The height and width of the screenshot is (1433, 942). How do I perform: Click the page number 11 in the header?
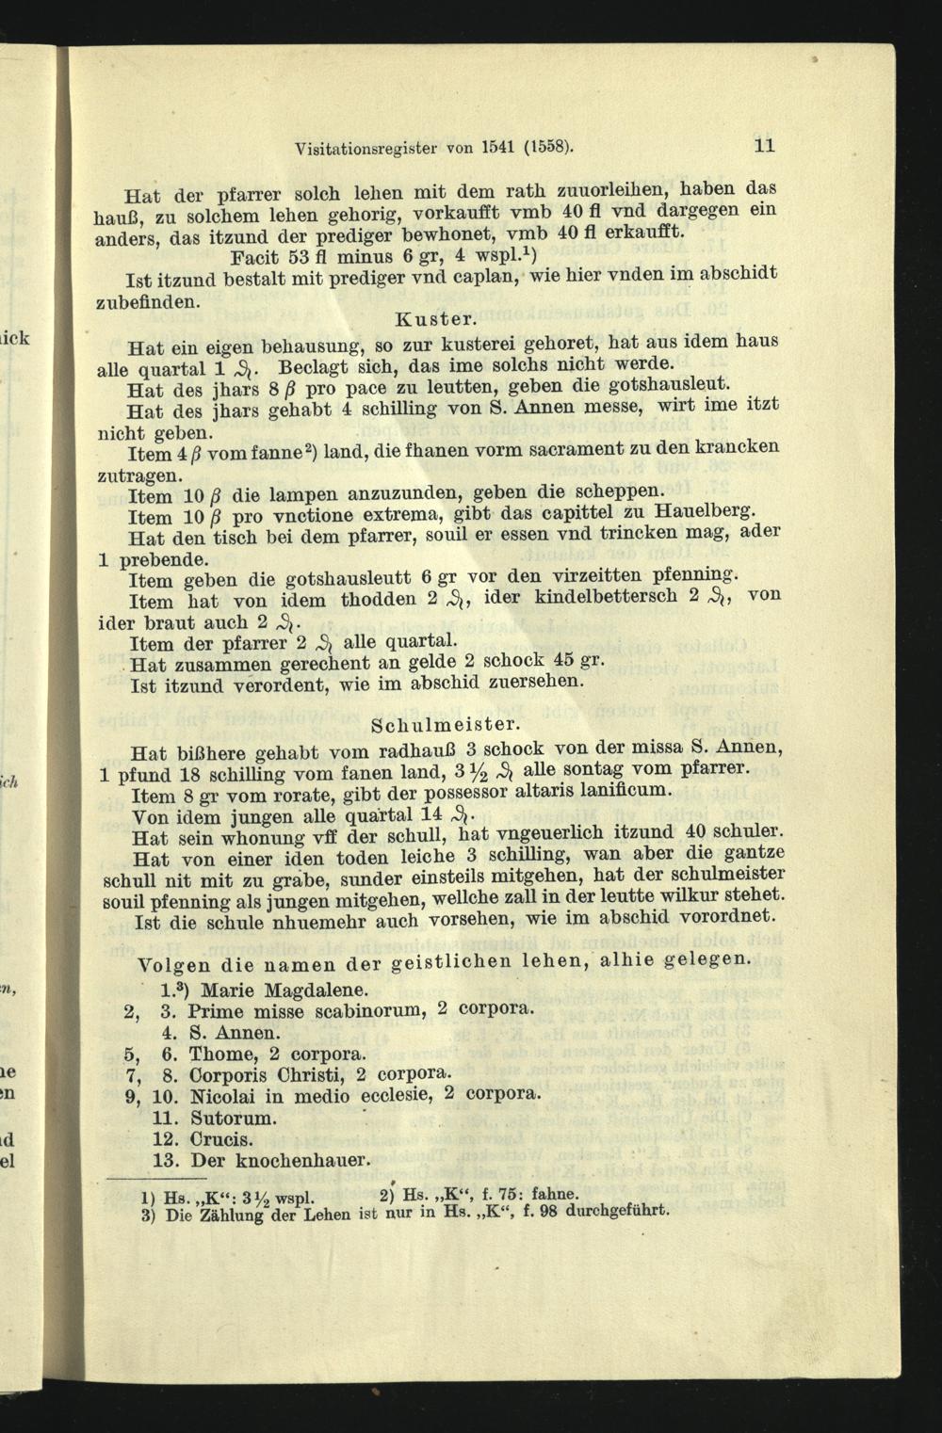tap(763, 145)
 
